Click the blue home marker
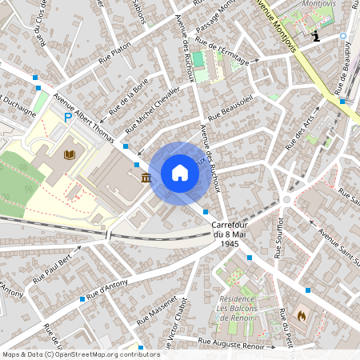180,172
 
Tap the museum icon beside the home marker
146,177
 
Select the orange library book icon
69,154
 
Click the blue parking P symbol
69,118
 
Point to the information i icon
317,36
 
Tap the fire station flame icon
301,316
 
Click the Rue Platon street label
114,53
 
